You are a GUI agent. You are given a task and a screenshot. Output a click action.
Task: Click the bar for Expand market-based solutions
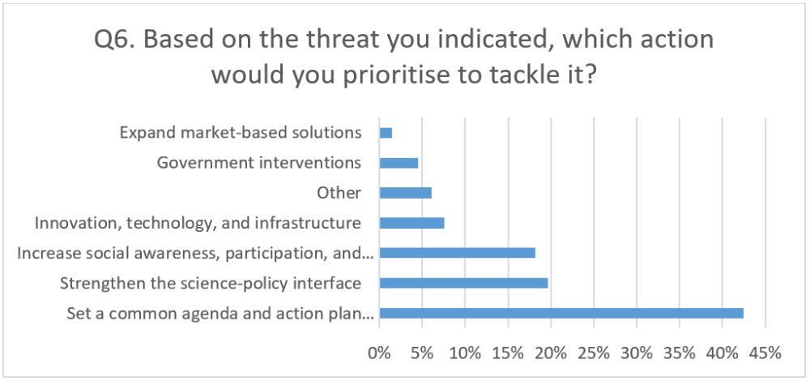click(386, 133)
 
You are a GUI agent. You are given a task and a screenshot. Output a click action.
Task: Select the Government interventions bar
click(399, 163)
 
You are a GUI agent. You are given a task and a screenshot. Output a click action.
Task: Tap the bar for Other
click(406, 193)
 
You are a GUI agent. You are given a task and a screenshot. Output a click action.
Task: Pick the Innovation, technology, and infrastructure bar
click(411, 223)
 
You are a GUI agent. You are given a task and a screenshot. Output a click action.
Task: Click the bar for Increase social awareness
click(457, 253)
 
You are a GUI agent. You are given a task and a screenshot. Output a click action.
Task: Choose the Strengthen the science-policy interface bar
click(464, 283)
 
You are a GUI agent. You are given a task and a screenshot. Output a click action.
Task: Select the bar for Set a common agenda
click(561, 313)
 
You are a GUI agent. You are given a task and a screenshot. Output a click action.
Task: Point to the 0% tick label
click(379, 353)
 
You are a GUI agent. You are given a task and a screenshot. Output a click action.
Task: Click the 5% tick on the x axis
click(422, 353)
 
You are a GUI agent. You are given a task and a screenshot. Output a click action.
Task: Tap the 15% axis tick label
click(509, 353)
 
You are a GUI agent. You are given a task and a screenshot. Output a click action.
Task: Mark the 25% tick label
click(594, 353)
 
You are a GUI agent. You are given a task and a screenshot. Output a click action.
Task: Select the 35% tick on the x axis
click(680, 353)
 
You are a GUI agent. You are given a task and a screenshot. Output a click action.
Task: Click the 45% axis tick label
click(765, 353)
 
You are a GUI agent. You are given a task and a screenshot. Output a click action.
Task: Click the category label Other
click(339, 193)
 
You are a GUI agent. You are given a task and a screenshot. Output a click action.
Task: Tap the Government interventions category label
click(259, 163)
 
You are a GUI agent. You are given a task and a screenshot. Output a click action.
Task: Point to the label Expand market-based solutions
click(241, 133)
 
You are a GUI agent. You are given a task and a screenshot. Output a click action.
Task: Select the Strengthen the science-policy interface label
click(211, 283)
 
